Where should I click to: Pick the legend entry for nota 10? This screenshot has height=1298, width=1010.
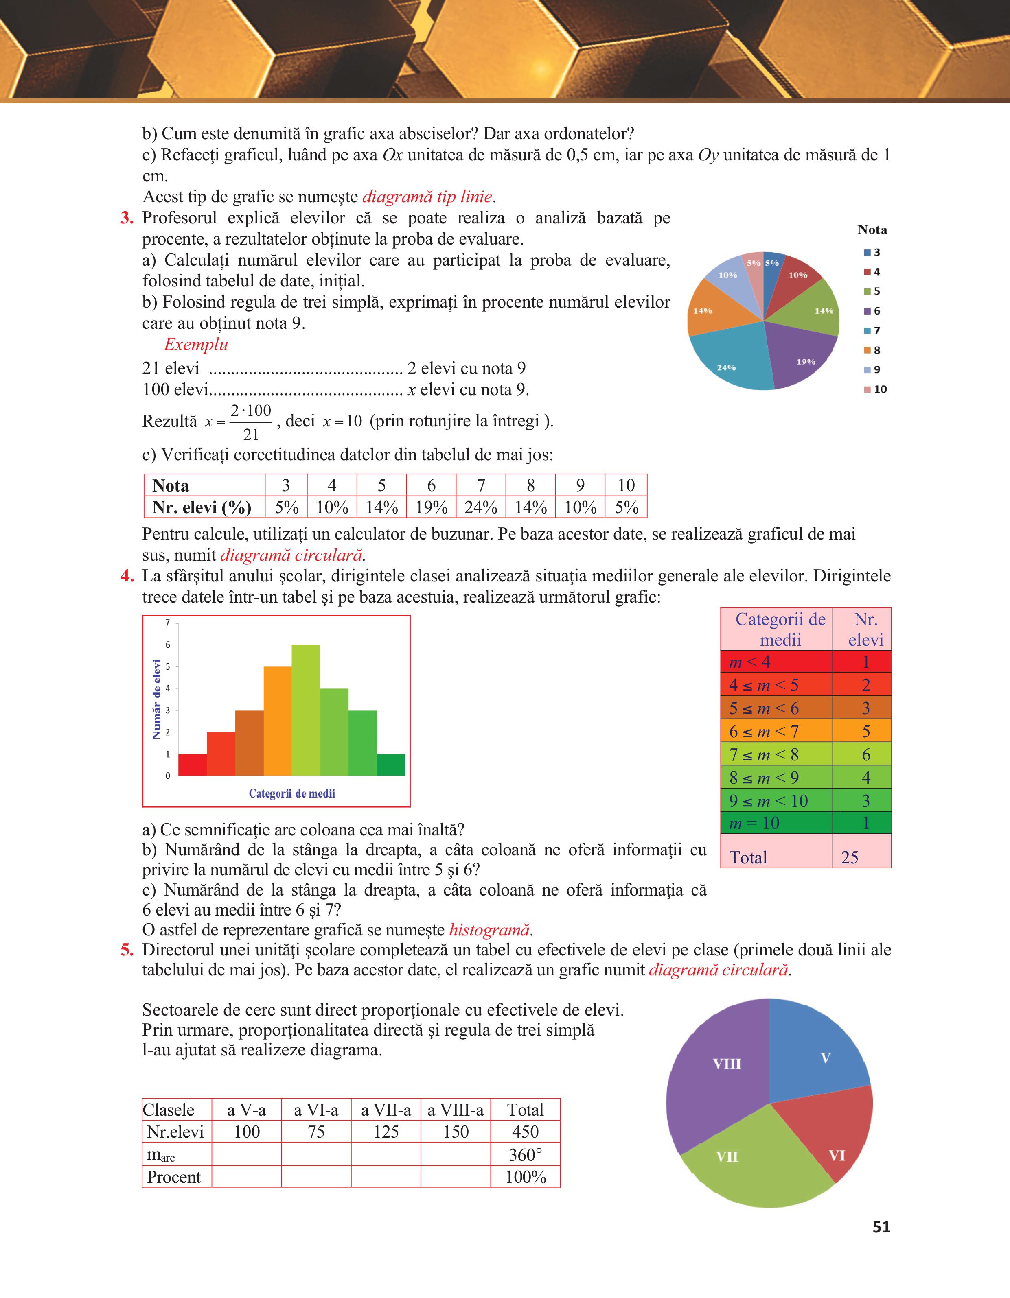tap(875, 389)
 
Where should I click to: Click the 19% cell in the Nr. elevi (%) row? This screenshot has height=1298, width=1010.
tap(431, 507)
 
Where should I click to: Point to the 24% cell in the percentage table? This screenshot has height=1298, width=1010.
tap(480, 507)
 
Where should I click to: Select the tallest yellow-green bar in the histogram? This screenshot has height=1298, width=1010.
tap(306, 710)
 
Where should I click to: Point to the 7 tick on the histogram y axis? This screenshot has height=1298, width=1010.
tap(168, 623)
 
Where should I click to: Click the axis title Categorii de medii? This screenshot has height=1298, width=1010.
tap(292, 793)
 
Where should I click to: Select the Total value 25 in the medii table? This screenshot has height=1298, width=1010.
tap(850, 857)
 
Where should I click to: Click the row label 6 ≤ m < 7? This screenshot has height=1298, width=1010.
tap(764, 731)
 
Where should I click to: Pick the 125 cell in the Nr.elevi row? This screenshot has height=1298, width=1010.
tap(386, 1132)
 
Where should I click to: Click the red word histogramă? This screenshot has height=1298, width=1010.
tap(490, 929)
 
